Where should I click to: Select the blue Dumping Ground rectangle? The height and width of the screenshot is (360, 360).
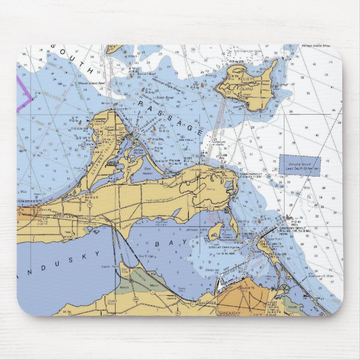(300, 166)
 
